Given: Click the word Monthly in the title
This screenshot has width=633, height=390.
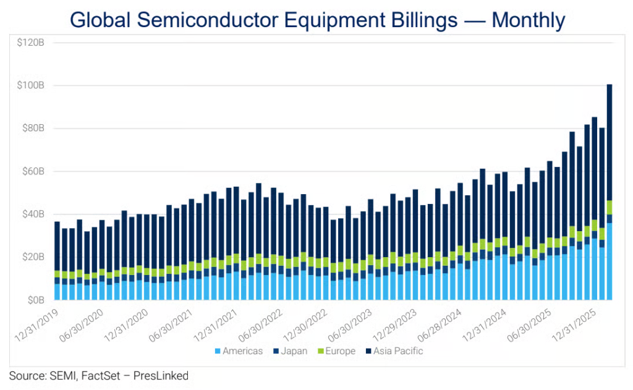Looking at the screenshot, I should point(528,20).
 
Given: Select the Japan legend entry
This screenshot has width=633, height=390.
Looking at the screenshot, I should point(294,351).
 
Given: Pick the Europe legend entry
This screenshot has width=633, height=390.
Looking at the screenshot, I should point(338,351).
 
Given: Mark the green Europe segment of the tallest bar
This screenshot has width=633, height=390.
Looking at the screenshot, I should point(610,208).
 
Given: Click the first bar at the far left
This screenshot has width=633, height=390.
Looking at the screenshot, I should point(57,260).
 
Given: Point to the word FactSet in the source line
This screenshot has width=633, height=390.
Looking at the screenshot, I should point(97,375).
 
